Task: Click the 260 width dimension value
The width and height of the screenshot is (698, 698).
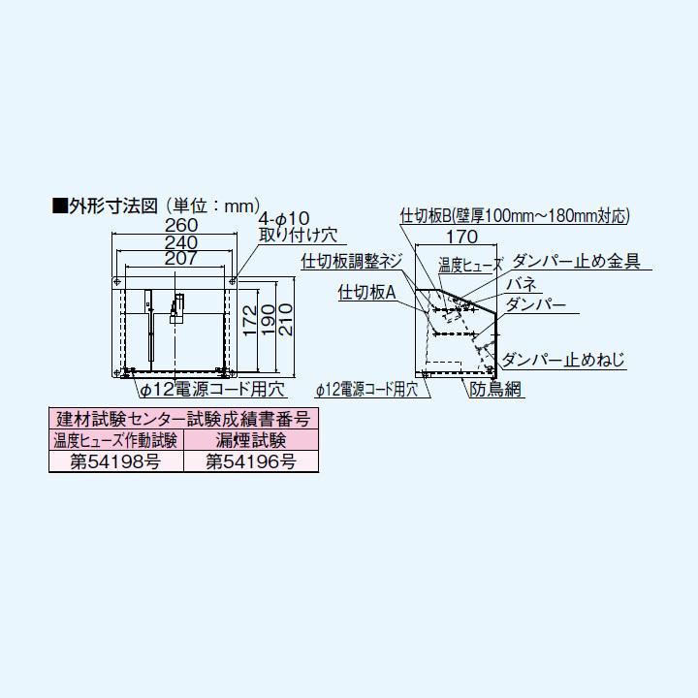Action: (174, 224)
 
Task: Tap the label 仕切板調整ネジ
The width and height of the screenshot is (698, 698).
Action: (351, 261)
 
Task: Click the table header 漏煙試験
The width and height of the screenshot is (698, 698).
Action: (250, 440)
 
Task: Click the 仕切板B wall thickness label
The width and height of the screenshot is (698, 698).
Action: (515, 215)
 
